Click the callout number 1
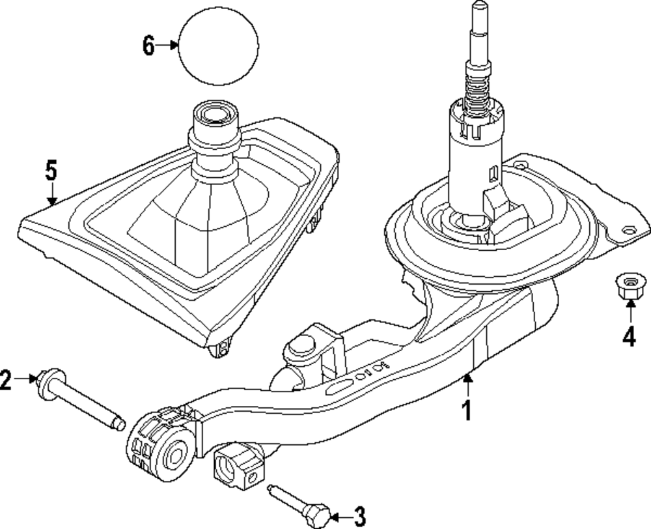465,410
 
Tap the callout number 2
6,380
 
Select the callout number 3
359,517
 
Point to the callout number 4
628,337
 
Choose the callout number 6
148,46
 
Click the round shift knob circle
218,45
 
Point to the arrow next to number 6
168,45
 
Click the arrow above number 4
628,315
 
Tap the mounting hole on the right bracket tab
629,230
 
